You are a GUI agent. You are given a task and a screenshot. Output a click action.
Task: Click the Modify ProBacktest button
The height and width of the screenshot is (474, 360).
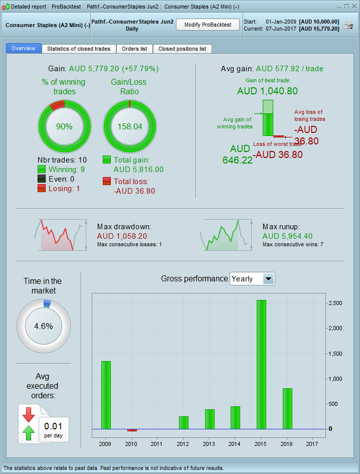pyautogui.click(x=208, y=25)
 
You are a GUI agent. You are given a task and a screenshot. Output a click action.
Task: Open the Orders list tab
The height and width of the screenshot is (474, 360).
pyautogui.click(x=134, y=49)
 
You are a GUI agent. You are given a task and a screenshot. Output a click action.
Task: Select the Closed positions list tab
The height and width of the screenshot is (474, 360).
pyautogui.click(x=182, y=49)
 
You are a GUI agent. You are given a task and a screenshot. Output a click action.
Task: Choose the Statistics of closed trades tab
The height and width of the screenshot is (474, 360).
pyautogui.click(x=79, y=49)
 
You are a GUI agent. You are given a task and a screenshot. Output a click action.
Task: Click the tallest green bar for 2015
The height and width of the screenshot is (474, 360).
pyautogui.click(x=261, y=364)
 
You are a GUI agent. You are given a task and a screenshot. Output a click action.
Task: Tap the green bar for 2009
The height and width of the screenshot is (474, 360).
pyautogui.click(x=106, y=395)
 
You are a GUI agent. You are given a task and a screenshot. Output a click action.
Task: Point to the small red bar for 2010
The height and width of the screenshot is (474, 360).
pyautogui.click(x=132, y=430)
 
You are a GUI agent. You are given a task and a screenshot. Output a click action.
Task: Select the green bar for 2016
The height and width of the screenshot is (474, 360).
pyautogui.click(x=287, y=408)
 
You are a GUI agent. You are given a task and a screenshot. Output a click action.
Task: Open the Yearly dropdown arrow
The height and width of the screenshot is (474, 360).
pyautogui.click(x=269, y=279)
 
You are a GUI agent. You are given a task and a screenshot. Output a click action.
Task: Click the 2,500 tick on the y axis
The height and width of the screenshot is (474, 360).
pyautogui.click(x=334, y=303)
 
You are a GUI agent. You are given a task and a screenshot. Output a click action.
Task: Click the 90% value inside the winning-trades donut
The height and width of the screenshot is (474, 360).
pyautogui.click(x=64, y=127)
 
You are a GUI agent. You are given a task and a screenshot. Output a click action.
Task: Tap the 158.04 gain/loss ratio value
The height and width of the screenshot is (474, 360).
pyautogui.click(x=129, y=127)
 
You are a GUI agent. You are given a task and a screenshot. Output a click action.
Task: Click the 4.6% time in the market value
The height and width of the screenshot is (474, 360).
pyautogui.click(x=43, y=326)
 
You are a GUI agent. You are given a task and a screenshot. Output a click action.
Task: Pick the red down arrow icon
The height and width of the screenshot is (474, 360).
pyautogui.click(x=28, y=414)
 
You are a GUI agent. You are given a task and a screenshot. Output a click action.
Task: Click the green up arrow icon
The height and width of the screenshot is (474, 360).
pyautogui.click(x=28, y=431)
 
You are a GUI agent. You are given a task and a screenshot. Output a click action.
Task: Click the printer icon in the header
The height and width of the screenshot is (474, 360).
pyautogui.click(x=348, y=26)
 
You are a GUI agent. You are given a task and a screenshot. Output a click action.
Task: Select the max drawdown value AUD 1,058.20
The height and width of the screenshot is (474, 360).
pyautogui.click(x=122, y=236)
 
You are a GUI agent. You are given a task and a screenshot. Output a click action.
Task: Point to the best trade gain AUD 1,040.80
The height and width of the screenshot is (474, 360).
pyautogui.click(x=267, y=91)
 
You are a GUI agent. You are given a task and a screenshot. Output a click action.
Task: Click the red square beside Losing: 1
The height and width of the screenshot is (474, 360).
pyautogui.click(x=42, y=189)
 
